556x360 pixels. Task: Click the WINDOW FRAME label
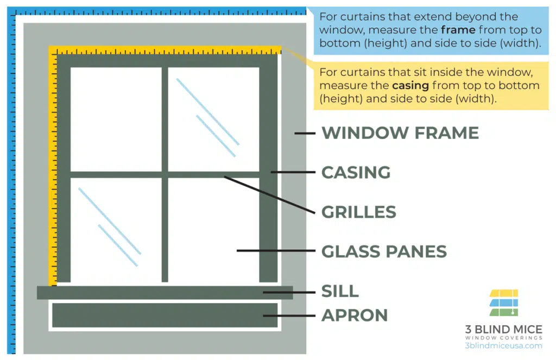[400, 133]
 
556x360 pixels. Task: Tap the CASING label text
[356, 173]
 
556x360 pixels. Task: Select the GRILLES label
[359, 212]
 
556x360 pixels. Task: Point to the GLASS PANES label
[384, 251]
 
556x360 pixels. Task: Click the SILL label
[340, 291]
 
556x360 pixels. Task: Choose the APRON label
[355, 315]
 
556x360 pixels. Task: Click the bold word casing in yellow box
[410, 86]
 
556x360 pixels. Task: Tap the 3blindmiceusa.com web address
[503, 346]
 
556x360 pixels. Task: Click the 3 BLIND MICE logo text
[503, 330]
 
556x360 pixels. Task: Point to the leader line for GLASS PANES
[276, 251]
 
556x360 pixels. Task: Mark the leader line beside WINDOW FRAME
[305, 133]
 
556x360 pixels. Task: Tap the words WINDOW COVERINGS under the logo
[503, 338]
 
